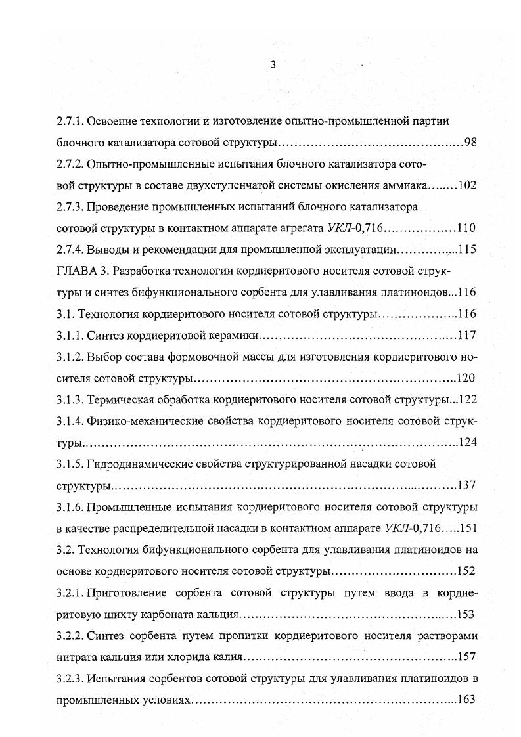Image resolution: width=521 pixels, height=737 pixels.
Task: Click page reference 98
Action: pyautogui.click(x=470, y=143)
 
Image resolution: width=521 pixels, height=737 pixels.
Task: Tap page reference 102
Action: pyautogui.click(x=466, y=185)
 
